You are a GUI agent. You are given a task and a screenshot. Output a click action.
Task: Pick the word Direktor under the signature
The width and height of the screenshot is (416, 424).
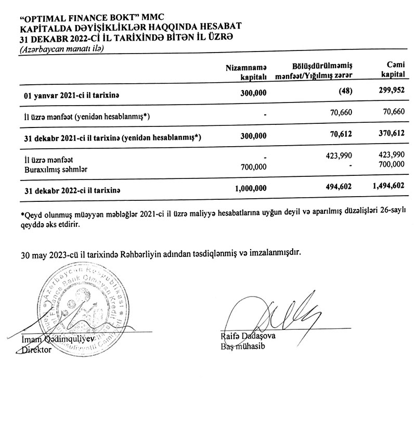(x=37, y=350)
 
